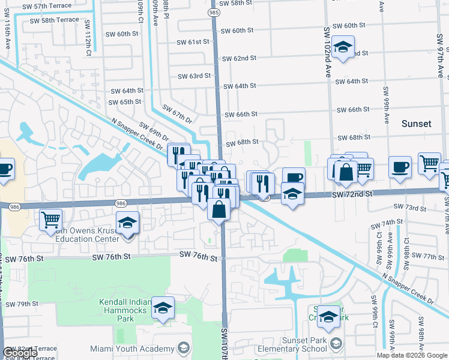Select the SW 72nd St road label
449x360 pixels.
352,194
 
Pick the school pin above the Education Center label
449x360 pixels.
127,223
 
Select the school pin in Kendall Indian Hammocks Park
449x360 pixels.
163,308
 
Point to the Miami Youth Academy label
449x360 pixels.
131,349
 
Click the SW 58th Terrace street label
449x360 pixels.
50,20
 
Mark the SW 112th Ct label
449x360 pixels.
88,39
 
